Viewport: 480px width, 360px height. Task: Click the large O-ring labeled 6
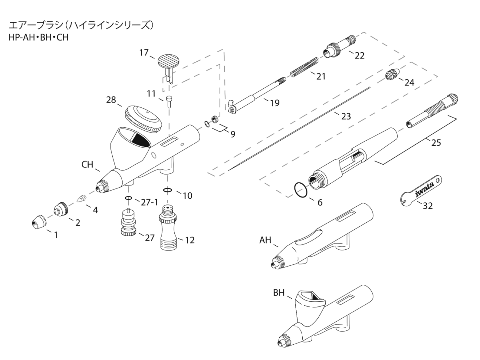click(x=301, y=190)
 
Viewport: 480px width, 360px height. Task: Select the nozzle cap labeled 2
click(x=61, y=210)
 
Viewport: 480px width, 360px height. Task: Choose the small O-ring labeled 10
click(x=167, y=190)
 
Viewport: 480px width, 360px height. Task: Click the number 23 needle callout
click(x=346, y=116)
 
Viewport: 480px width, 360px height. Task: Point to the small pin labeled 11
click(x=169, y=101)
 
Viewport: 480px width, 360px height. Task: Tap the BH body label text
click(x=279, y=293)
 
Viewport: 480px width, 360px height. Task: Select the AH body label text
click(x=266, y=240)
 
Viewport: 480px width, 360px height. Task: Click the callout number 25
click(x=436, y=142)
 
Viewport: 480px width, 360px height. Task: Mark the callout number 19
click(x=274, y=103)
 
